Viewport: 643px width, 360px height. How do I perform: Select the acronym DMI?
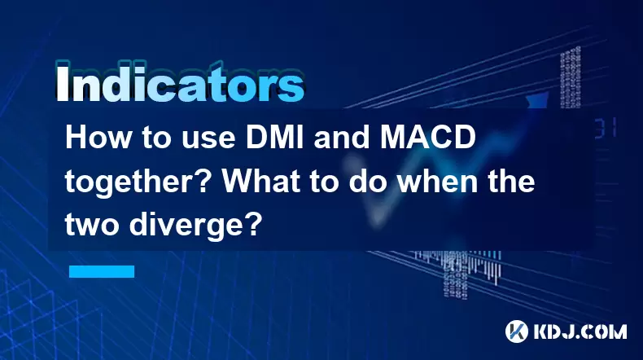coord(275,137)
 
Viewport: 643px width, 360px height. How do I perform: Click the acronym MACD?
coord(427,137)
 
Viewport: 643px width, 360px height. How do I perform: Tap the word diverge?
coord(186,226)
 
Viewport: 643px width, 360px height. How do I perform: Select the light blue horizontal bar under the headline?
coord(102,271)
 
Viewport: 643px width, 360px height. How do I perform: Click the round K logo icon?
coord(517,331)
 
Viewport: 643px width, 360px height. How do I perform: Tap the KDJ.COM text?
coord(580,331)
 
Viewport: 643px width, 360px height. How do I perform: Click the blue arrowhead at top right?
coord(538,100)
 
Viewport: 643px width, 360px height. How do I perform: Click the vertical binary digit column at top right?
coord(571,77)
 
